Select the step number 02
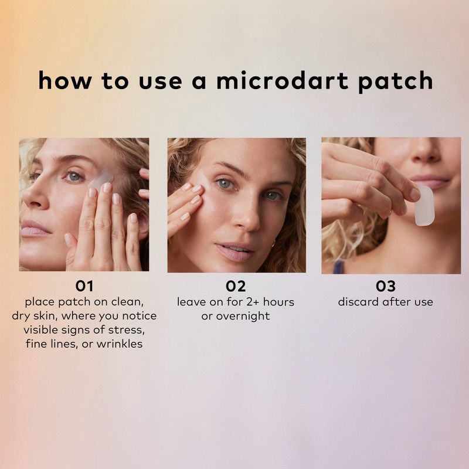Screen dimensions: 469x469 click(236, 287)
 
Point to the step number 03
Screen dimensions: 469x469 click(385, 287)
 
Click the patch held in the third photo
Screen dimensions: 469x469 click(424, 205)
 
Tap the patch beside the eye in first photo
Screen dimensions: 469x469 click(101, 178)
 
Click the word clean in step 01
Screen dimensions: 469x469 click(130, 302)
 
